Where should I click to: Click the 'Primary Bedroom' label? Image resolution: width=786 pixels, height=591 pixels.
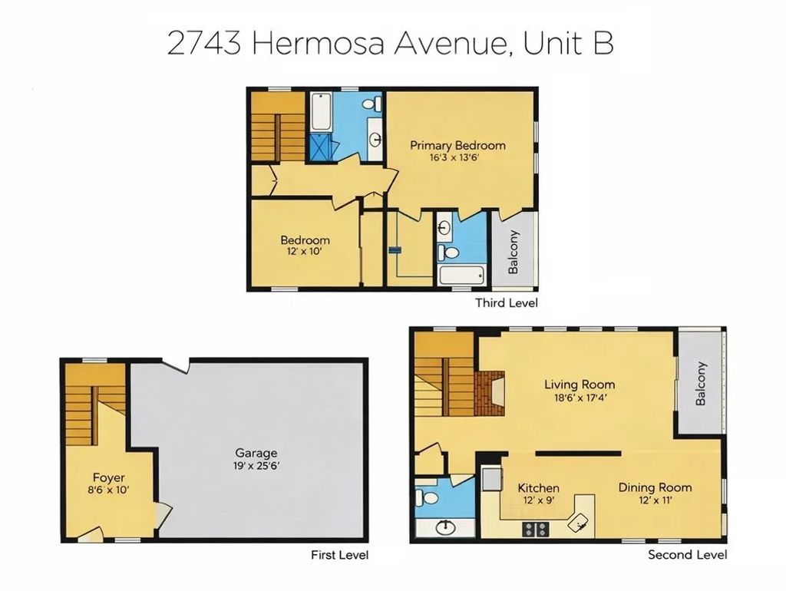pyautogui.click(x=457, y=145)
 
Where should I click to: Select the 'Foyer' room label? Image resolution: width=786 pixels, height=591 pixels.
pyautogui.click(x=108, y=477)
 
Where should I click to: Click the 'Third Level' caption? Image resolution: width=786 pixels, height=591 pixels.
pyautogui.click(x=506, y=303)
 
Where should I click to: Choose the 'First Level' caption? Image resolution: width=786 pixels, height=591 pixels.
pyautogui.click(x=339, y=555)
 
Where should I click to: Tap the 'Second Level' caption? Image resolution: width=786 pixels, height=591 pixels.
pyautogui.click(x=688, y=555)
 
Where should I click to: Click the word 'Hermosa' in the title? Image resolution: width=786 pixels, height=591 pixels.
pyautogui.click(x=320, y=43)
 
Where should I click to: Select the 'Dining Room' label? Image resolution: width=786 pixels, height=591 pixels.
pyautogui.click(x=655, y=487)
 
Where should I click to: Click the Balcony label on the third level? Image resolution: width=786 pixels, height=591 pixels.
pyautogui.click(x=513, y=253)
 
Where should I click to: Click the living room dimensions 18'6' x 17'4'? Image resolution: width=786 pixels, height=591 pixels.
pyautogui.click(x=580, y=398)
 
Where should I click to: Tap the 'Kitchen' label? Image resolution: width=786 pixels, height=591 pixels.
pyautogui.click(x=538, y=488)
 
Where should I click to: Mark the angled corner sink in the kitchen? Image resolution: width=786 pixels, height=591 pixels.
pyautogui.click(x=580, y=522)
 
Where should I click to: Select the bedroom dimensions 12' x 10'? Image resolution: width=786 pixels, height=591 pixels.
pyautogui.click(x=305, y=253)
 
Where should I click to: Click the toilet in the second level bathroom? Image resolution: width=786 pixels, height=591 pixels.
pyautogui.click(x=430, y=499)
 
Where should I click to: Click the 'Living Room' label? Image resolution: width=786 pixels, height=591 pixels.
pyautogui.click(x=580, y=385)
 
